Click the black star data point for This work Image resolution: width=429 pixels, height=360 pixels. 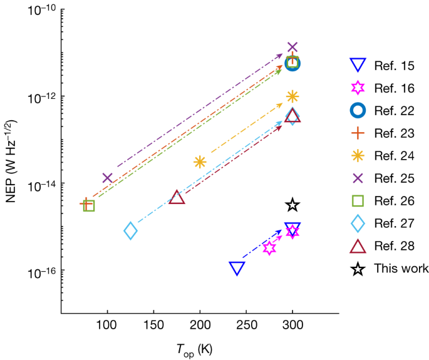pyautogui.click(x=292, y=205)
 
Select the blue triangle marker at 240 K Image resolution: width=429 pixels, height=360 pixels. pyautogui.click(x=237, y=268)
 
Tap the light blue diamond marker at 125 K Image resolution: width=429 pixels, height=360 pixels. pyautogui.click(x=130, y=230)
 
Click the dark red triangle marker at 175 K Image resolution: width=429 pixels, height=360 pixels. pyautogui.click(x=177, y=197)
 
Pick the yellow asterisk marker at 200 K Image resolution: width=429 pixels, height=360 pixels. pyautogui.click(x=200, y=162)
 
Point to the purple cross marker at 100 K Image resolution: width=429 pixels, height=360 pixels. pyautogui.click(x=107, y=178)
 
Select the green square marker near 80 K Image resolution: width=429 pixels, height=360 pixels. pyautogui.click(x=89, y=205)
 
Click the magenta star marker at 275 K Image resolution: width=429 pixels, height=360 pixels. pyautogui.click(x=269, y=247)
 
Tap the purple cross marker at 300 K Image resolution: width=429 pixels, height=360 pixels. pyautogui.click(x=292, y=47)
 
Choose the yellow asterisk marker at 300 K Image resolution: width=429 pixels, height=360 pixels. pyautogui.click(x=292, y=96)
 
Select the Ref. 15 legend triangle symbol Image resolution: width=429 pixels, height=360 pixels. pyautogui.click(x=357, y=64)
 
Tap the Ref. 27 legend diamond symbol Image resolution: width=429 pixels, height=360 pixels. pyautogui.click(x=357, y=224)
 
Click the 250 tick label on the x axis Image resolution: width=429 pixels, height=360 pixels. pyautogui.click(x=246, y=327)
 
